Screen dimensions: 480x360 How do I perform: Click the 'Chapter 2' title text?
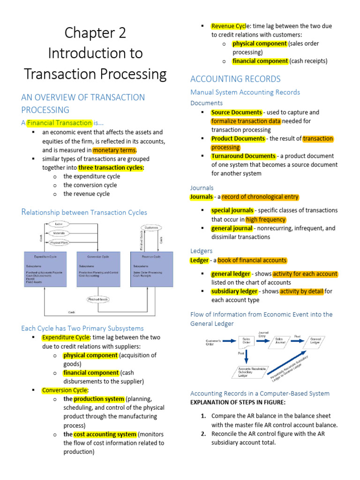tap(95, 33)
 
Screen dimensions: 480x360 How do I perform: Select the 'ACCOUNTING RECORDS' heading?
tap(235, 79)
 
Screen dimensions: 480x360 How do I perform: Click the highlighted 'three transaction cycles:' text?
tap(112, 168)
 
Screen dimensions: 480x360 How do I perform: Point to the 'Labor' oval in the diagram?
tap(59, 224)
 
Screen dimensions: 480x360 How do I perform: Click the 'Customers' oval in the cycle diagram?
tap(151, 228)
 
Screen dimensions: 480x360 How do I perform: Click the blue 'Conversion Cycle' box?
tap(98, 270)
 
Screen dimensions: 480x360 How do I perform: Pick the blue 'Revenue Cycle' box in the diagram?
tap(151, 270)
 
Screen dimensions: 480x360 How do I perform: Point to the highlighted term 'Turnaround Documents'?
tap(243, 156)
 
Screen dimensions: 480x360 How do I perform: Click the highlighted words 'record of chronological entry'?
tap(260, 197)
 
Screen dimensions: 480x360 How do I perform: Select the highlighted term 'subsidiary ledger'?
tap(234, 292)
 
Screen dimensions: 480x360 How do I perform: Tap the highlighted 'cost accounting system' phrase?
tap(105, 434)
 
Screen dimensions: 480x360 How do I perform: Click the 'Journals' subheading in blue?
tap(202, 187)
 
